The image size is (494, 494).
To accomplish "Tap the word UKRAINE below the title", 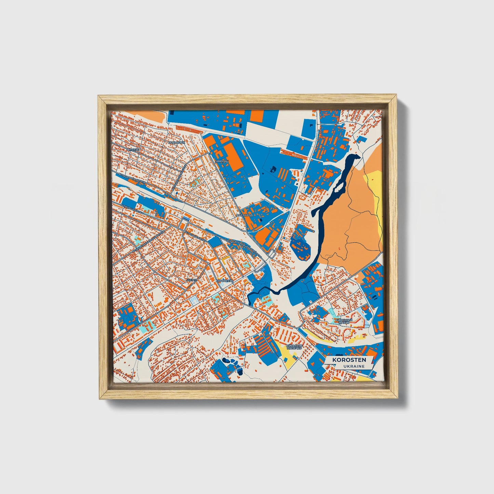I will [354, 366].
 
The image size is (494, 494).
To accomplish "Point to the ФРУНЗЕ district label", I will [133, 150].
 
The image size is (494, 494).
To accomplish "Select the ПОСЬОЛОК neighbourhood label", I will [177, 142].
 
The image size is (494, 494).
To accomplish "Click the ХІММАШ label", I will [222, 160].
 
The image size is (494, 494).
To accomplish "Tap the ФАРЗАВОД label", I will [244, 215].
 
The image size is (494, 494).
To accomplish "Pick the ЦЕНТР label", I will [192, 280].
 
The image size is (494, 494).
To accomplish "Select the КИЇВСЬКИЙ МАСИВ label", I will [344, 321].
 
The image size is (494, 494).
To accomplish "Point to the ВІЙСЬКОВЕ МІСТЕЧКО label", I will [294, 347].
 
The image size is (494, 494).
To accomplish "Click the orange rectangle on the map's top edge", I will [256, 116].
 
